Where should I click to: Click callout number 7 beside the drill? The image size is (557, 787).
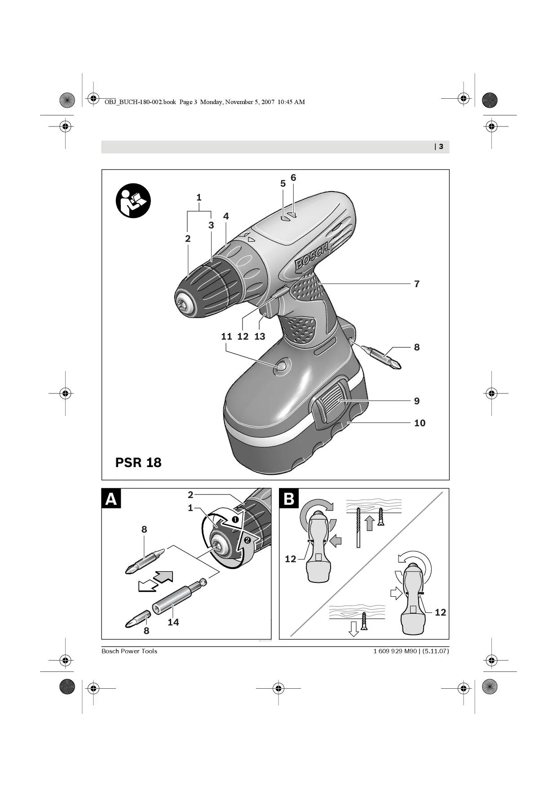(x=417, y=284)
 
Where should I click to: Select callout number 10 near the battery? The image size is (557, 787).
(x=420, y=423)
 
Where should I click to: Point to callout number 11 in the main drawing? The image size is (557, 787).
(x=226, y=337)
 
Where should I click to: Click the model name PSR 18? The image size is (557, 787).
(x=138, y=463)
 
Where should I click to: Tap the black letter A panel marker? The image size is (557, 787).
(x=111, y=498)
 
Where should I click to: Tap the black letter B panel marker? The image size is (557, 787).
(x=289, y=498)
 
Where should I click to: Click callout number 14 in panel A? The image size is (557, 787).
(x=173, y=622)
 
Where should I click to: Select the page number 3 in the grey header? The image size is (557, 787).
(x=441, y=147)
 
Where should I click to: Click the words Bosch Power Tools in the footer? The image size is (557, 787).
(x=129, y=651)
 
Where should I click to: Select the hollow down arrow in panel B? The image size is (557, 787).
(x=354, y=629)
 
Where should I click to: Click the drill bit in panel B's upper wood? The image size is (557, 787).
(x=358, y=528)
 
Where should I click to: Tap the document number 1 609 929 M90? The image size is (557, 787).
(x=395, y=651)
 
